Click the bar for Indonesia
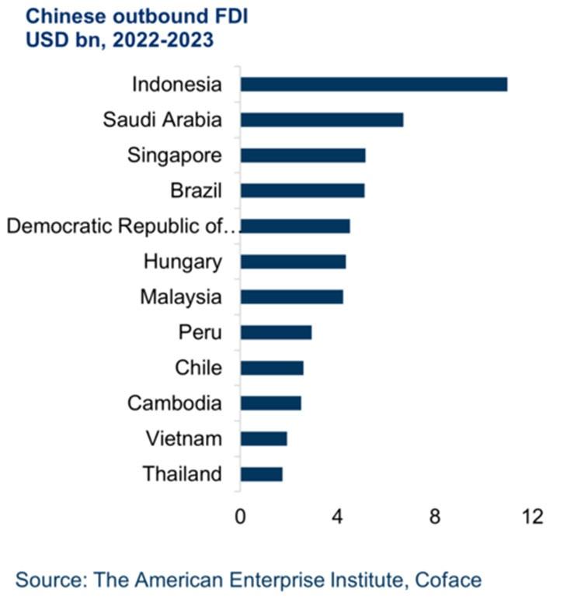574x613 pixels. tap(374, 84)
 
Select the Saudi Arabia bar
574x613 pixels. tap(322, 119)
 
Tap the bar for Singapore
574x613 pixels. tap(303, 155)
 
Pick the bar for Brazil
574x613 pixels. tap(302, 190)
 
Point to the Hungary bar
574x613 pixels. tap(293, 261)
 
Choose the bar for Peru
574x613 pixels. tap(276, 332)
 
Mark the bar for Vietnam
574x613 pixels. tap(263, 438)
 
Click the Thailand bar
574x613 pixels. tap(261, 474)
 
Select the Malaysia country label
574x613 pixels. tap(181, 297)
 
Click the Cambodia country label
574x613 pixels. tap(175, 403)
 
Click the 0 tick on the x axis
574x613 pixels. tap(240, 517)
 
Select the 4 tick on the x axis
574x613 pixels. tap(338, 517)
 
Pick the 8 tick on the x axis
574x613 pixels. tap(435, 517)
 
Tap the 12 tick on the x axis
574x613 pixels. tap(532, 517)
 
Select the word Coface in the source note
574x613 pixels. tap(447, 580)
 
